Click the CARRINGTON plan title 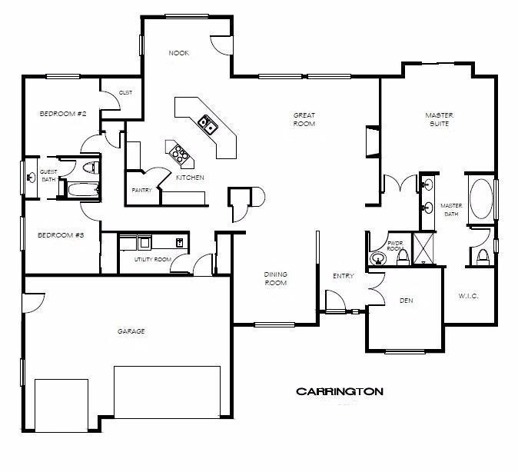340,391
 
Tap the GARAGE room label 131,331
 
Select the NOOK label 179,53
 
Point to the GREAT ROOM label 304,119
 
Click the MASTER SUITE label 440,119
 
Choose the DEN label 407,301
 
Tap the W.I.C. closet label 469,295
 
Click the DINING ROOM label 275,278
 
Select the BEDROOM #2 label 62,114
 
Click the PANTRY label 141,190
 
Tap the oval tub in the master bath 481,199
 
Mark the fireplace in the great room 372,142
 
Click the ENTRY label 343,276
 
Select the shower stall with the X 423,248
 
